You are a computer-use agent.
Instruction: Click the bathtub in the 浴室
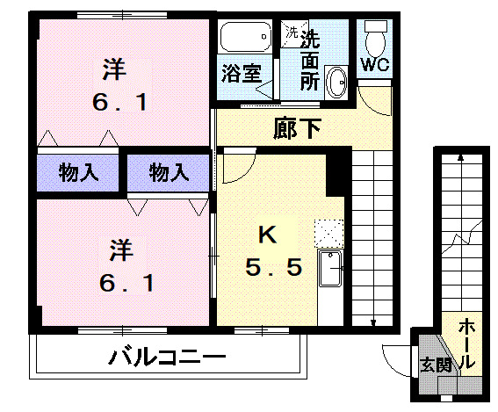pyautogui.click(x=244, y=38)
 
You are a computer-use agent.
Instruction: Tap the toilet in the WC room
pyautogui.click(x=376, y=38)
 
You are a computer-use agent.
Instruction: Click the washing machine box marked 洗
pyautogui.click(x=291, y=33)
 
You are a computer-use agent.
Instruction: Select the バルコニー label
pyautogui.click(x=167, y=358)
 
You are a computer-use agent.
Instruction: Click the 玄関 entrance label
pyautogui.click(x=435, y=363)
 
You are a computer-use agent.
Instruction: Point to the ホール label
pyautogui.click(x=466, y=343)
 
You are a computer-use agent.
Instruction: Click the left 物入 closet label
pyautogui.click(x=77, y=172)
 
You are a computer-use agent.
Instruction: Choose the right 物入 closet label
pyautogui.click(x=169, y=172)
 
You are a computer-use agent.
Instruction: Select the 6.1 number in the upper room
pyautogui.click(x=119, y=101)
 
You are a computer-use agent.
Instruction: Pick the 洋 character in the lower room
pyautogui.click(x=120, y=251)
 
